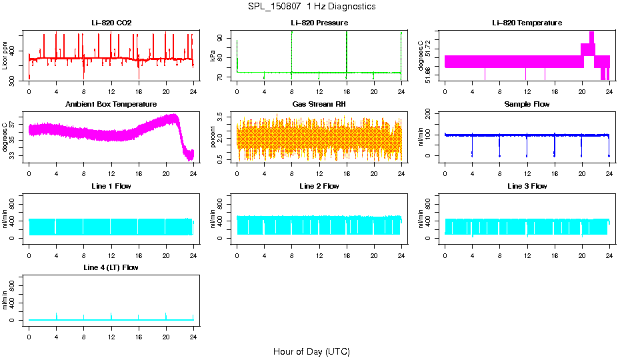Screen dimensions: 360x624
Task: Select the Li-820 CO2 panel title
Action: (111, 23)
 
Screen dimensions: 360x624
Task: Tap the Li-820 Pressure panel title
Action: (319, 23)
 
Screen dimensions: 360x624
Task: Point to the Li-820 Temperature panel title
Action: (527, 23)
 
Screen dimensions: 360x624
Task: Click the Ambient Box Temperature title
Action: (111, 105)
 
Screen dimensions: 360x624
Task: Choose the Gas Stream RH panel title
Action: (319, 105)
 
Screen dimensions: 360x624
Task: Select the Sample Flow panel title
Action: (527, 105)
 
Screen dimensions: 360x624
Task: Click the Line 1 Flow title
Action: (111, 186)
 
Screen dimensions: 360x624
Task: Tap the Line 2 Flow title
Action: (319, 186)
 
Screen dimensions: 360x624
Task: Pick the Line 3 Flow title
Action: (527, 186)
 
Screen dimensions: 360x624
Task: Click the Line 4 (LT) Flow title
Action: (111, 267)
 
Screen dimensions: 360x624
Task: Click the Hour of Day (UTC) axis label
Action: (311, 351)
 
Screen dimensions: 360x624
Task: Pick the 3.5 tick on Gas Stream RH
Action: (222, 116)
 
